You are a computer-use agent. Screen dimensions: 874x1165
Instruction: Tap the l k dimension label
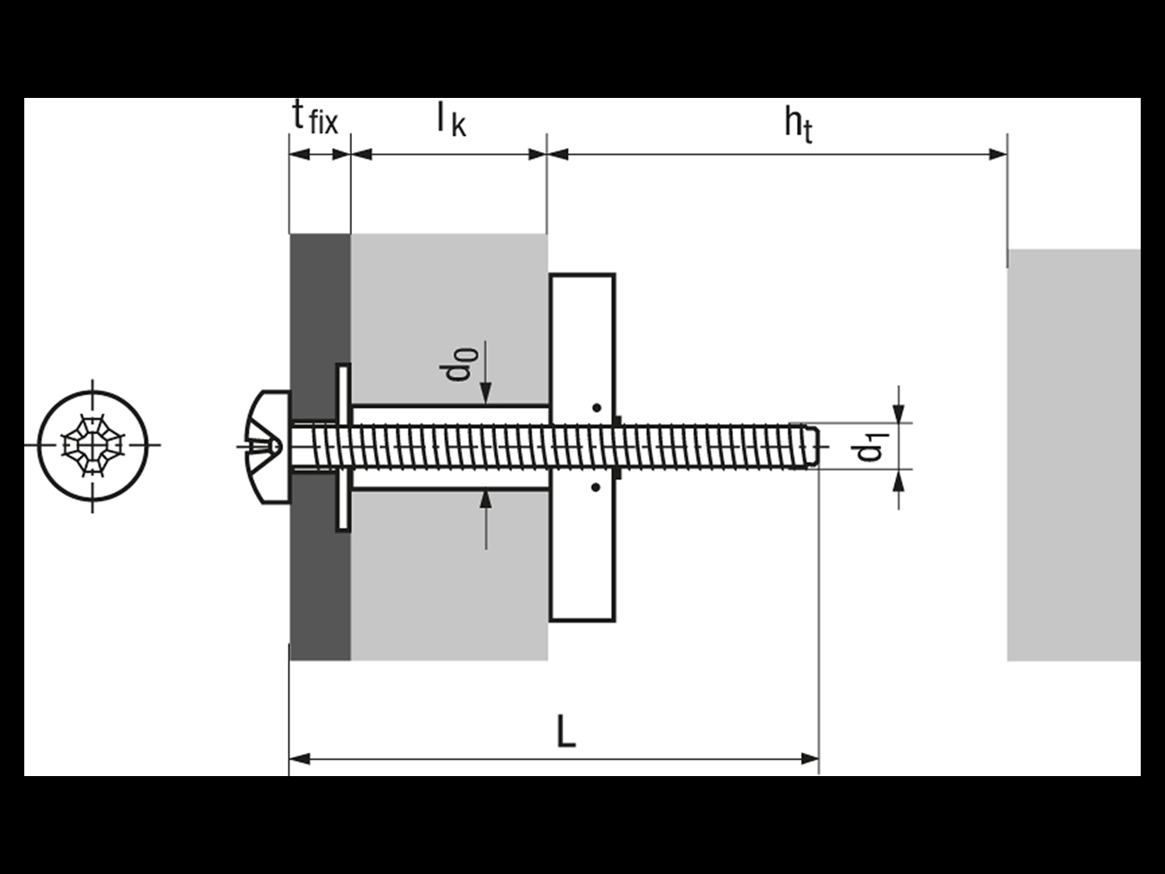click(x=451, y=120)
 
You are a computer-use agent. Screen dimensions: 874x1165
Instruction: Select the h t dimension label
click(x=798, y=123)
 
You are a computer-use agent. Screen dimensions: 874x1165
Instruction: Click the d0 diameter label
click(x=459, y=363)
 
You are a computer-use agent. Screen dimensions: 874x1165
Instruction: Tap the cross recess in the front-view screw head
click(x=94, y=445)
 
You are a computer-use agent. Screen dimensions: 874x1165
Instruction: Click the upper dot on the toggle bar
click(x=595, y=408)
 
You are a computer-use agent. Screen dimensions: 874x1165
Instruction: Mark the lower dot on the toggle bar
click(x=595, y=487)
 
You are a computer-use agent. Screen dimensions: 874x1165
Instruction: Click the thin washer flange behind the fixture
click(x=343, y=447)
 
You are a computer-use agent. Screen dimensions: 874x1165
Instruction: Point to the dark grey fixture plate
click(x=320, y=566)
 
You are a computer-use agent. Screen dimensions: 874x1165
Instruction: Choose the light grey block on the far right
click(x=1074, y=453)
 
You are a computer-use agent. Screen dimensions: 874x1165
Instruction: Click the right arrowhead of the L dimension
click(x=809, y=758)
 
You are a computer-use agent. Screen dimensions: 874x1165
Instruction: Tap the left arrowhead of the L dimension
click(x=299, y=758)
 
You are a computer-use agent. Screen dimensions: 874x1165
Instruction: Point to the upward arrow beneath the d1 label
click(x=899, y=482)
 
